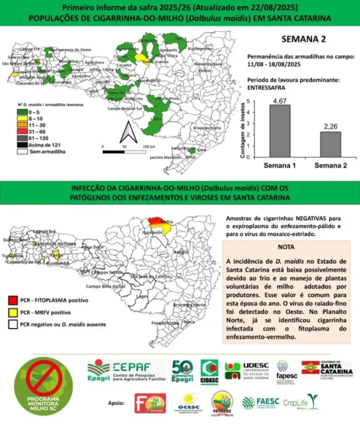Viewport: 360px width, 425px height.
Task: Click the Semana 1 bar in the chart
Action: point(279,131)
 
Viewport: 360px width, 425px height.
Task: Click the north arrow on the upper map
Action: point(127,134)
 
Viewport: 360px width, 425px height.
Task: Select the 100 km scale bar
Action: point(124,152)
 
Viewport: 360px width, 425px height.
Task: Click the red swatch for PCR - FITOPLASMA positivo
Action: point(13,299)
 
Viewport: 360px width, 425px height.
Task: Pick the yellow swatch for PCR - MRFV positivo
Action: point(13,312)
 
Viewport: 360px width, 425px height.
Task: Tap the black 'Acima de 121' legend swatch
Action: point(22,145)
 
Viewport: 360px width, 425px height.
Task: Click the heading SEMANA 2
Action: point(303,39)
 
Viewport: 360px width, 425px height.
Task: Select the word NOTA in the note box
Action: point(286,247)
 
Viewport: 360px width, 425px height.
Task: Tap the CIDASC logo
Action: point(209,372)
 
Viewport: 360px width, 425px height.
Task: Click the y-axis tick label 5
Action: point(248,101)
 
